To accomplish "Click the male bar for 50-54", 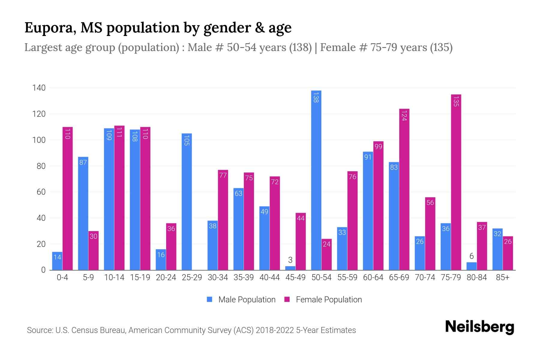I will pos(316,180).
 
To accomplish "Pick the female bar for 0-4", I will pos(67,198).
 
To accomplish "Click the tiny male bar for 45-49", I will pos(290,268).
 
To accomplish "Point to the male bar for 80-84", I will pos(471,266).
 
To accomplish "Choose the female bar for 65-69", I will pos(404,189).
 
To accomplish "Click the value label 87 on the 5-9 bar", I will pos(83,162).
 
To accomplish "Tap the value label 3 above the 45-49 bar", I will pos(290,260).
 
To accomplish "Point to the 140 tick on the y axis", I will pos(39,88).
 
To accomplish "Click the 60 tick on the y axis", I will pos(41,192).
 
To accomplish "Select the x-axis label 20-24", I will pos(166,277).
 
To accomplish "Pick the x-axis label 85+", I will pos(502,277).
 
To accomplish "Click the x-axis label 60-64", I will pos(373,277).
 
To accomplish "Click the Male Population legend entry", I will pos(247,299).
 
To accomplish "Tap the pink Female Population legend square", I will pos(287,299).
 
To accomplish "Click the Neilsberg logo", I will pos(479,327).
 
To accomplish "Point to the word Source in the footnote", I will pos(40,330).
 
